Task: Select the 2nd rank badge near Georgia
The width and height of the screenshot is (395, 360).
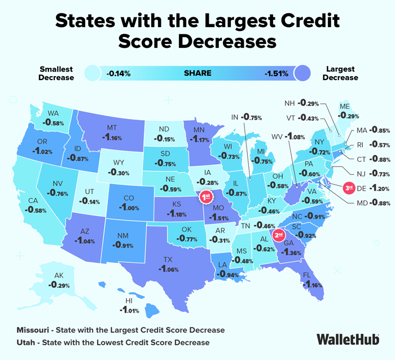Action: click(x=278, y=234)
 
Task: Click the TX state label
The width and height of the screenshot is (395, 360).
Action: click(x=168, y=261)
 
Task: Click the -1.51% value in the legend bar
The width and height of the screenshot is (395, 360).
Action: click(x=276, y=73)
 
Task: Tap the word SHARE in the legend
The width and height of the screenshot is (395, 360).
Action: click(x=197, y=73)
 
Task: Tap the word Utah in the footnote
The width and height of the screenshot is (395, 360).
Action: click(x=28, y=342)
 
